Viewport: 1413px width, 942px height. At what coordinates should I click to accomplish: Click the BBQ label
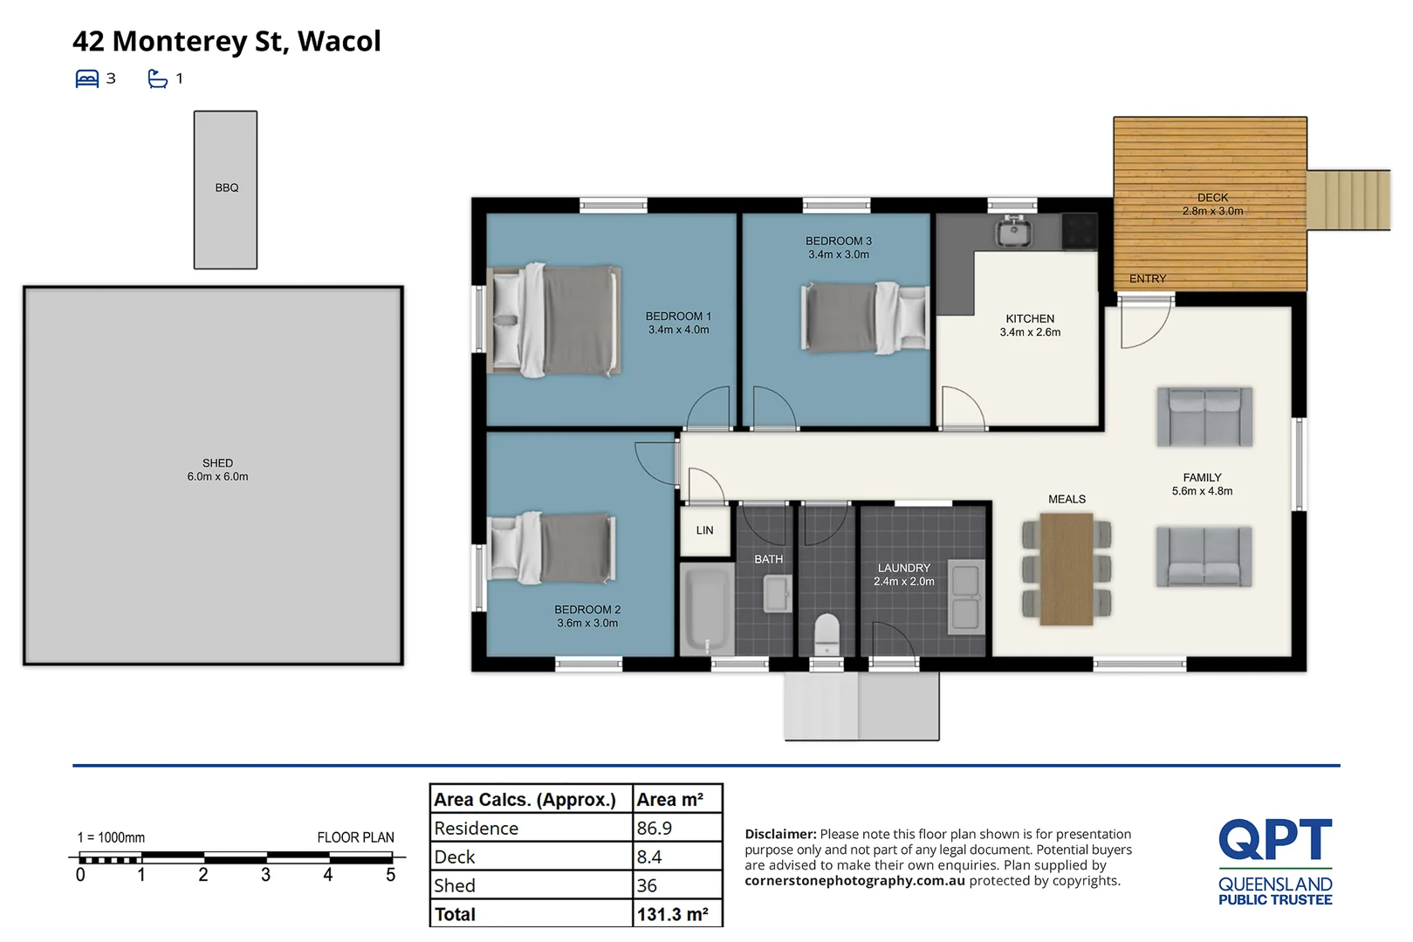coord(226,188)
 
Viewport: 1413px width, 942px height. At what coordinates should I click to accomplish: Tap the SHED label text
coord(217,463)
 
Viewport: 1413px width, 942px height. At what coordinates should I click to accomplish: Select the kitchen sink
coord(1013,231)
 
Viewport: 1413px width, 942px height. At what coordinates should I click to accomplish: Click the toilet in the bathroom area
coord(827,634)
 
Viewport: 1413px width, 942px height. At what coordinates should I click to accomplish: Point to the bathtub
coord(707,609)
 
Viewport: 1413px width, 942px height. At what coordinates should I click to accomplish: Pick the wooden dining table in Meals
coord(1066,570)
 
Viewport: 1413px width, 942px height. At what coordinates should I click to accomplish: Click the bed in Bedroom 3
coord(865,317)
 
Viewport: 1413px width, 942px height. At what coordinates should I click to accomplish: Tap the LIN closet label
coord(704,530)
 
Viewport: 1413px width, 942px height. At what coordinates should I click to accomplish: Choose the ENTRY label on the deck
coord(1148,279)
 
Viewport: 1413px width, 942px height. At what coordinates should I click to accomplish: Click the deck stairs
coord(1348,199)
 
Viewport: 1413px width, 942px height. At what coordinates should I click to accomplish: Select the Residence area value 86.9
coord(655,828)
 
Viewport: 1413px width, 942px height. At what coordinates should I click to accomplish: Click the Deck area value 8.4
coord(649,857)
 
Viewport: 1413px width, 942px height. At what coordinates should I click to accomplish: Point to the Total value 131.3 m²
coord(672,914)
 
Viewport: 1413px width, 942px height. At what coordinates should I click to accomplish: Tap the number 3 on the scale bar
coord(265,875)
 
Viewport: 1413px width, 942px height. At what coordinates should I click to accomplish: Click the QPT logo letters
coord(1275,839)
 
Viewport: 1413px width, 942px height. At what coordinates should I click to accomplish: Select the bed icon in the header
coord(87,78)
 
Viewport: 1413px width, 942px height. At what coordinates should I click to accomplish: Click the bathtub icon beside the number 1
coord(158,78)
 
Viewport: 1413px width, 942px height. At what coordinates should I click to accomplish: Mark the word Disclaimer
coord(780,834)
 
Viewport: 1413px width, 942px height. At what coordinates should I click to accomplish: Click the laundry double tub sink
coord(966,597)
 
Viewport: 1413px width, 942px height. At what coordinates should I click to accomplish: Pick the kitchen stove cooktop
coord(1080,231)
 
